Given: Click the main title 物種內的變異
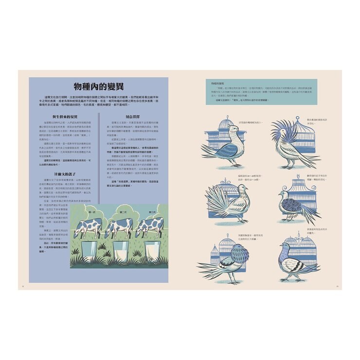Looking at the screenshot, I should (98, 86).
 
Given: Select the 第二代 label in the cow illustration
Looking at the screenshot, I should (124, 212).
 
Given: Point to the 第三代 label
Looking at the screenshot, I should (152, 212).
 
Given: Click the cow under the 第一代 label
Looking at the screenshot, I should (88, 228).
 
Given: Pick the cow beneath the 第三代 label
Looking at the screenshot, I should (148, 228).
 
